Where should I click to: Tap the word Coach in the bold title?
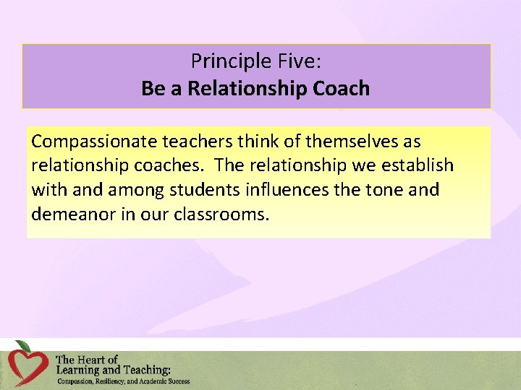click(340, 89)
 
